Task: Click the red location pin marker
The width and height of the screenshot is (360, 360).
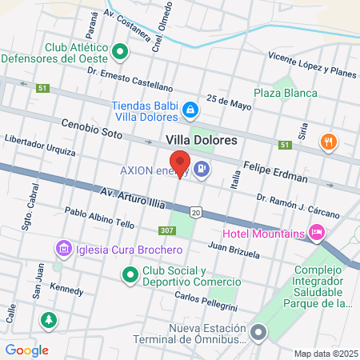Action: [180, 163]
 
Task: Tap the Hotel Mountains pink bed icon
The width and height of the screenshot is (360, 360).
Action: [316, 233]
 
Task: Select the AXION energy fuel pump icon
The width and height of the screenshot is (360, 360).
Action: [202, 170]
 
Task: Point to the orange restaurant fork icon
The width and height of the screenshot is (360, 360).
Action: [326, 142]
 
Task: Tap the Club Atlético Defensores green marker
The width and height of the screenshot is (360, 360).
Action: [120, 53]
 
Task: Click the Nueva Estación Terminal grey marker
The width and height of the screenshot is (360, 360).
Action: [258, 331]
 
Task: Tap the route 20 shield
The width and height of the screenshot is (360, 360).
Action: [196, 212]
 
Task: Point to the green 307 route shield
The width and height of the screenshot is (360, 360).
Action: [166, 231]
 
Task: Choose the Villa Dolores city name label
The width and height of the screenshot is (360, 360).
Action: [202, 140]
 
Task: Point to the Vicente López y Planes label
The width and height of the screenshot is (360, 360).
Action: [312, 66]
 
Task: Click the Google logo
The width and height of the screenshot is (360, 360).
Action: [26, 350]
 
